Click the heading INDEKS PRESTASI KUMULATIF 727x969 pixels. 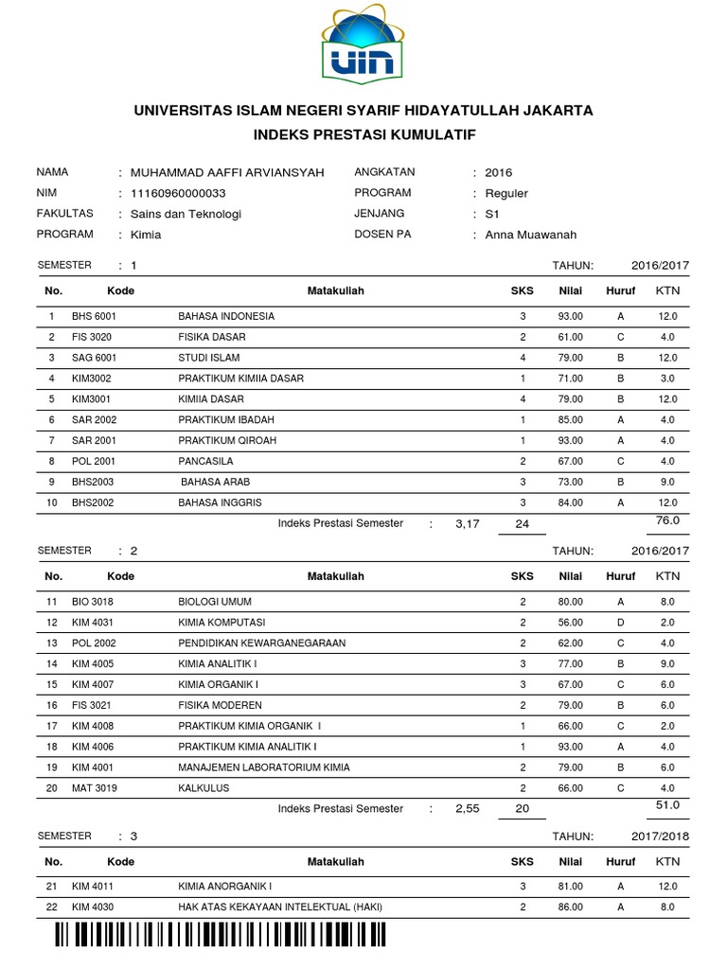tap(363, 135)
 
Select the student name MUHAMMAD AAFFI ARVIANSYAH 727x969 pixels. tap(227, 172)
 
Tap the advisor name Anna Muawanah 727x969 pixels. tap(530, 235)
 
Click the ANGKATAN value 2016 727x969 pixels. tap(498, 172)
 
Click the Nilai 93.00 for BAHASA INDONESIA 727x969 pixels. tap(571, 316)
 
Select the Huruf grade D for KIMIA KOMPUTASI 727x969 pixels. tap(621, 623)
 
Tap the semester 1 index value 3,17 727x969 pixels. tap(468, 523)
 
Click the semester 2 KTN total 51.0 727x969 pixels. tap(668, 804)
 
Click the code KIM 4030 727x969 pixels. tap(93, 907)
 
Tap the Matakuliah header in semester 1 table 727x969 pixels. tap(336, 291)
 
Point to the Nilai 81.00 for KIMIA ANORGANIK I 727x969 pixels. tap(571, 887)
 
